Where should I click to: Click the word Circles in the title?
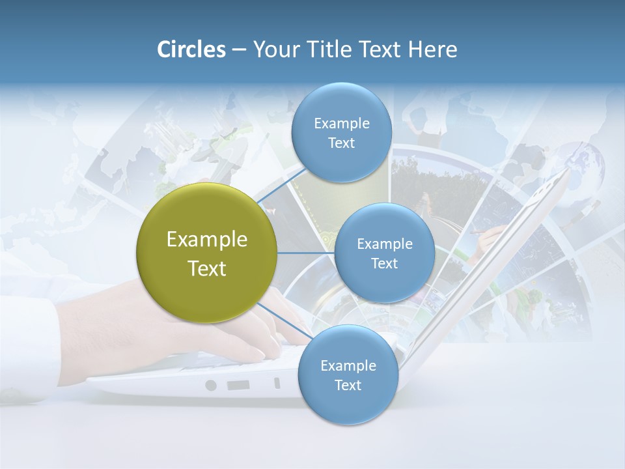(x=191, y=50)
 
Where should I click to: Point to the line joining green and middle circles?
(x=306, y=253)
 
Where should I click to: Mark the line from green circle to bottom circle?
(x=284, y=322)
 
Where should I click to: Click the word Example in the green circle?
(x=206, y=240)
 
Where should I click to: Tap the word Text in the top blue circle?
(x=341, y=143)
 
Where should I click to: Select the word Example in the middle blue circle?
(x=384, y=244)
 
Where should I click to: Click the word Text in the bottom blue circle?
(x=348, y=386)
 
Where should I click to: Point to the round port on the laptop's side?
(x=210, y=385)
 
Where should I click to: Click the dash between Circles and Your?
(x=238, y=50)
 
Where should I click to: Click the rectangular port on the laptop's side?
(x=238, y=385)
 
